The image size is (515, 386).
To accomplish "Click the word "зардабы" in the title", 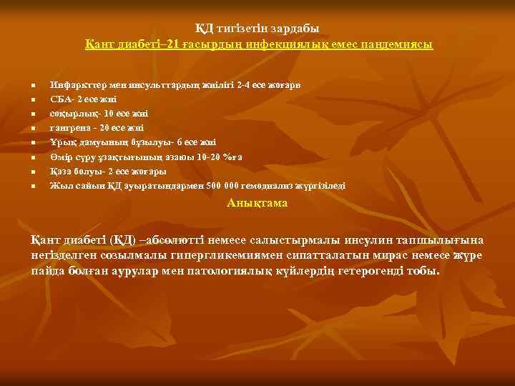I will coord(295,29).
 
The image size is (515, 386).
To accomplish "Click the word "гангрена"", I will coord(69,128).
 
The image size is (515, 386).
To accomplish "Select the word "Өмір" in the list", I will coord(60,157).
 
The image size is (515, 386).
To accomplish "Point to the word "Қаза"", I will coord(60,172).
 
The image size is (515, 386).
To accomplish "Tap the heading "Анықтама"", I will coord(257,203).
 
